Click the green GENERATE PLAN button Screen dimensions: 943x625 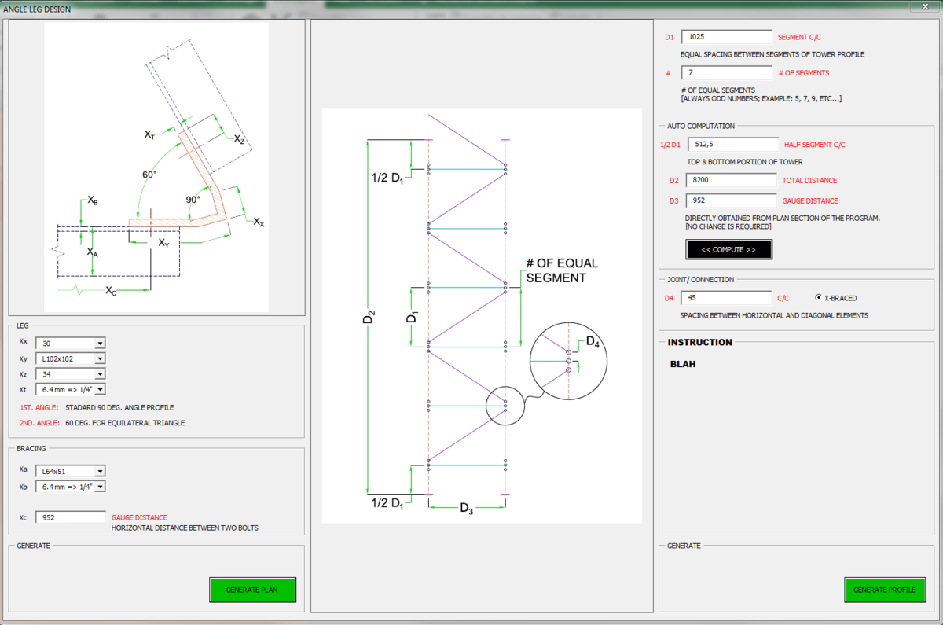(x=252, y=590)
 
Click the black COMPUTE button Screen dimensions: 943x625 (x=728, y=249)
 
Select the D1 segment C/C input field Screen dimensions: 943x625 (x=727, y=37)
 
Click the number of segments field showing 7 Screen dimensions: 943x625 (x=727, y=72)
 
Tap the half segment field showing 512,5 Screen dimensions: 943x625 (x=733, y=144)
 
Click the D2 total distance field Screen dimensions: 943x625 (x=732, y=180)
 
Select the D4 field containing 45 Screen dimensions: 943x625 (x=726, y=298)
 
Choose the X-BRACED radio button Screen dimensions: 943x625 (x=818, y=297)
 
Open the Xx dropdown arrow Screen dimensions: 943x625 (x=100, y=344)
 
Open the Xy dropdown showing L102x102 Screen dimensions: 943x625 (x=70, y=358)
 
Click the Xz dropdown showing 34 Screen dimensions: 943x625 (x=70, y=374)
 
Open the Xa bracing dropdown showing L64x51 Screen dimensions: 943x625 (x=70, y=471)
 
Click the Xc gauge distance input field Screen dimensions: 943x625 (x=70, y=517)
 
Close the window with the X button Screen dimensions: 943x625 (x=926, y=6)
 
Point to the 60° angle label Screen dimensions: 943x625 (x=149, y=175)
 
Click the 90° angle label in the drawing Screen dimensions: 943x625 (x=193, y=200)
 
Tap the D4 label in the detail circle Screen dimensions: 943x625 (x=593, y=341)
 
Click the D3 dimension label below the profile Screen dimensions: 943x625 (x=467, y=509)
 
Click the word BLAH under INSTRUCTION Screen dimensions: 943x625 (x=683, y=364)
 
